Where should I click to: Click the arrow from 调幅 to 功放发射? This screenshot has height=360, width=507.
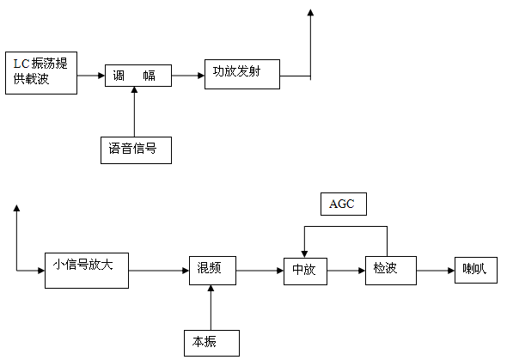tap(186, 76)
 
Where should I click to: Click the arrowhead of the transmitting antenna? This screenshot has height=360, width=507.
tap(310, 14)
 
